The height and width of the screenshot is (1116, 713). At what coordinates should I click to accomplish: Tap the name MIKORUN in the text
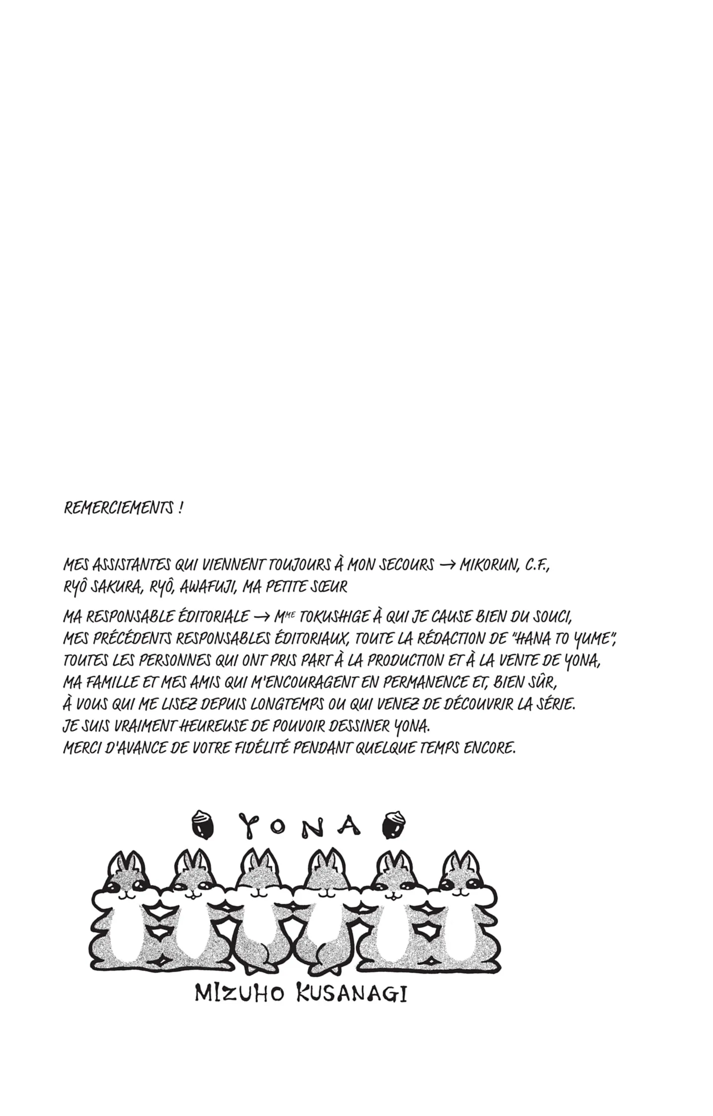pos(488,565)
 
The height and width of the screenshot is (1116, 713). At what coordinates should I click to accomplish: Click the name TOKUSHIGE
pos(334,617)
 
